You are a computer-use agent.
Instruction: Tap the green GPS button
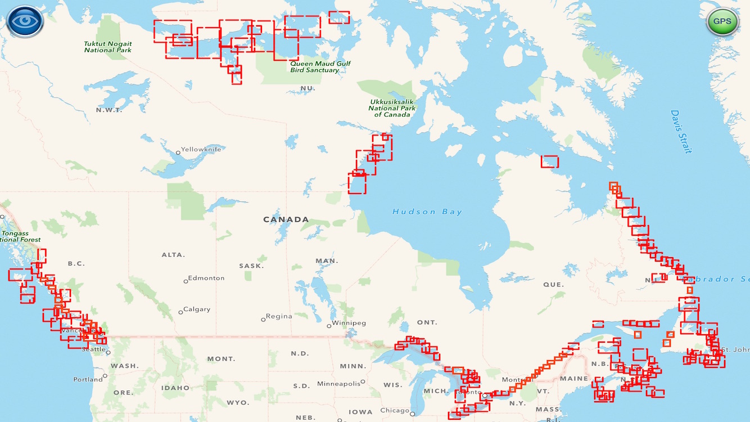click(x=722, y=22)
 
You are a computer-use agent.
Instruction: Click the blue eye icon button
click(x=25, y=22)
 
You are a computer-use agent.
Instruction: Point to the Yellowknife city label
click(x=201, y=150)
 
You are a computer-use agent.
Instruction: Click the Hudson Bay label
click(x=427, y=212)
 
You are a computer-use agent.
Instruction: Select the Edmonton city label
click(x=206, y=279)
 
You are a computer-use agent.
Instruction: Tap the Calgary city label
click(x=196, y=309)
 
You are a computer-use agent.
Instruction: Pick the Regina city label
click(x=279, y=317)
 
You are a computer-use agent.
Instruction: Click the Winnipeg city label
click(x=349, y=324)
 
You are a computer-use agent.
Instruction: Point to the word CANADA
click(x=286, y=219)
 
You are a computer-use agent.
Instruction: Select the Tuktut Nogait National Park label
click(x=108, y=47)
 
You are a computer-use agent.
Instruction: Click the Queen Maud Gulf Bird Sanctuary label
click(x=320, y=67)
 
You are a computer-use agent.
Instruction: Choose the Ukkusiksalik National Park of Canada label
click(x=392, y=107)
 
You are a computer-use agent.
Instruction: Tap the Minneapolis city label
click(x=338, y=384)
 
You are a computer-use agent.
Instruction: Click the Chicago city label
click(x=395, y=411)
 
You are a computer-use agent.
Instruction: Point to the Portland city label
click(x=88, y=379)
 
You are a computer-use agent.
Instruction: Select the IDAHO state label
click(x=175, y=388)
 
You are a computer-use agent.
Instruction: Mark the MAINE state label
click(x=573, y=379)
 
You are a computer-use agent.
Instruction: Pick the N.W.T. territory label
click(x=109, y=110)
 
